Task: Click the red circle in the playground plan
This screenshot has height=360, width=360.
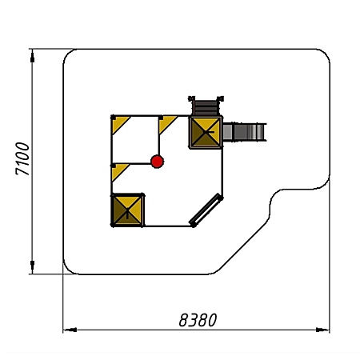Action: [x=157, y=162]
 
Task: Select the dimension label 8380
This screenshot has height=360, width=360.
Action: [x=198, y=320]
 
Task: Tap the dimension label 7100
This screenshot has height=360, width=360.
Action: [x=22, y=158]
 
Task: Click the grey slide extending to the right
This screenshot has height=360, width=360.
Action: [x=244, y=132]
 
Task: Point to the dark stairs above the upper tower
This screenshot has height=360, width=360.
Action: [x=206, y=107]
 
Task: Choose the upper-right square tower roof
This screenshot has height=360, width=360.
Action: [x=206, y=132]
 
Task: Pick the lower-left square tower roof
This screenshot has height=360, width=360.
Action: [x=127, y=210]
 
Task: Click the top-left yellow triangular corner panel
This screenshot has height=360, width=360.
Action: [x=119, y=124]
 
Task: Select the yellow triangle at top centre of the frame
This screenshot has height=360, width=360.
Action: [x=166, y=124]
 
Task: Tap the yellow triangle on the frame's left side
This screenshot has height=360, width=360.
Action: [x=119, y=171]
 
